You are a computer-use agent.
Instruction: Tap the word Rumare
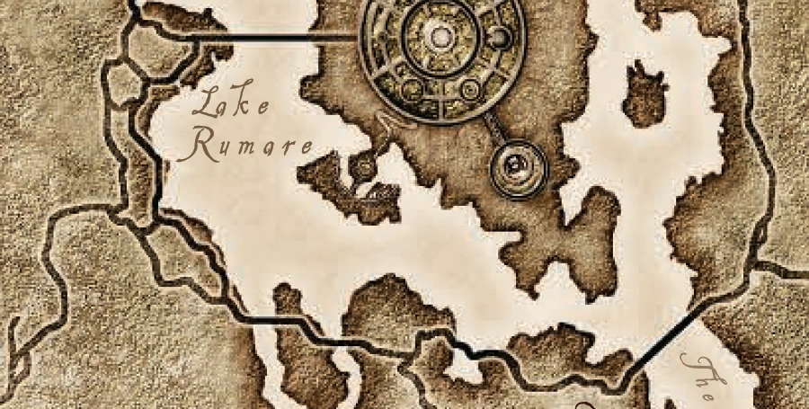point(245,147)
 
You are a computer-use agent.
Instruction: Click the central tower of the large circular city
point(440,37)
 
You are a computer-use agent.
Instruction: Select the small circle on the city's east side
point(502,38)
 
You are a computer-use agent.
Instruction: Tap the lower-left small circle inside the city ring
point(410,87)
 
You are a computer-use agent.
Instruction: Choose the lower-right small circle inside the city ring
point(470,88)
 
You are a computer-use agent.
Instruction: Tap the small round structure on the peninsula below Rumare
point(363,168)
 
